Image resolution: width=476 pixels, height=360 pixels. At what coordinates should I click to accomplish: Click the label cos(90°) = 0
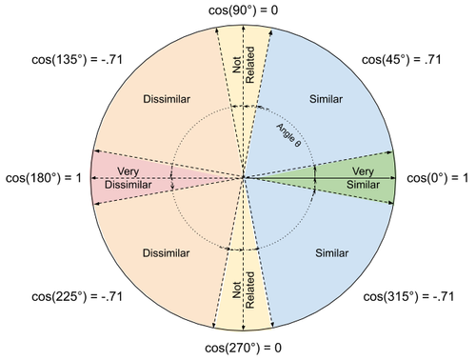click(243, 9)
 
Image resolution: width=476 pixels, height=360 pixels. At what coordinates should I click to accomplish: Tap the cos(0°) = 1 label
click(439, 177)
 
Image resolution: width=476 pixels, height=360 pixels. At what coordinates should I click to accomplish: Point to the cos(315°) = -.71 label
click(407, 298)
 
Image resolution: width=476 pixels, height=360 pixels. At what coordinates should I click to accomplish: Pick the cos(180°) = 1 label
click(44, 177)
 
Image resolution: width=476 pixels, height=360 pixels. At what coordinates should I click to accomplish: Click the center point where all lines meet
click(245, 177)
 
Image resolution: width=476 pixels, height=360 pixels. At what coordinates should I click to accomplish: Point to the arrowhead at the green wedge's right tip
click(392, 177)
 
